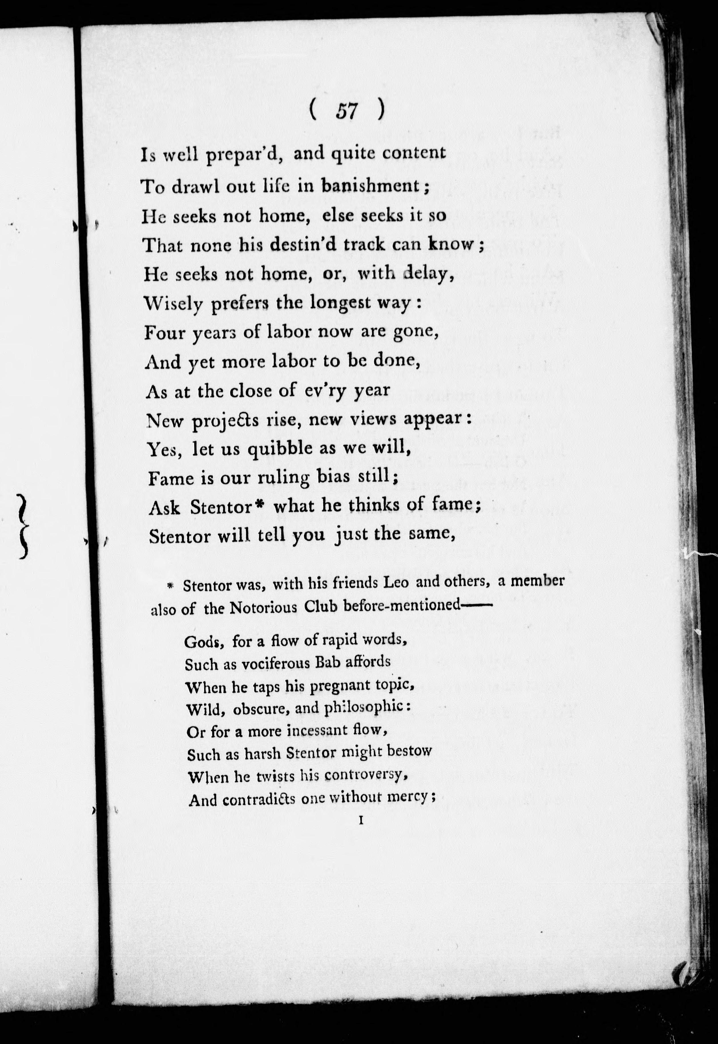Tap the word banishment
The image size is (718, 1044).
pyautogui.click(x=370, y=185)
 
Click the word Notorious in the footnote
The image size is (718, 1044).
pyautogui.click(x=264, y=608)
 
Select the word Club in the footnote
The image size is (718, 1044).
pyautogui.click(x=321, y=607)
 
